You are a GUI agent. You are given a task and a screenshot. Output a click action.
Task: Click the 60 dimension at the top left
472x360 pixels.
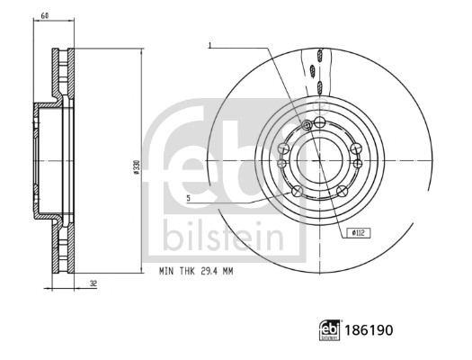pos(44,16)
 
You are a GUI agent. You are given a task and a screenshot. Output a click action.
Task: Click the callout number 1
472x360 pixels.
pos(209,44)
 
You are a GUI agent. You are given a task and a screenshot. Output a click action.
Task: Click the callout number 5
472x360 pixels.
pos(188,197)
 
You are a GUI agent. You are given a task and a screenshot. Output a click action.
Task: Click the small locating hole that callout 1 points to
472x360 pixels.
pos(309,124)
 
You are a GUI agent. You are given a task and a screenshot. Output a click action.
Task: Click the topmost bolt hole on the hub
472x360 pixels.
pos(320,121)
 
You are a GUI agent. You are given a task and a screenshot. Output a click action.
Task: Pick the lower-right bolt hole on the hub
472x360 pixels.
pos(346,189)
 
